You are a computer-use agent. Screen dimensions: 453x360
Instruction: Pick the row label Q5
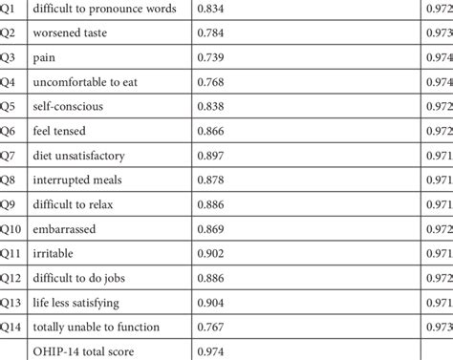point(9,106)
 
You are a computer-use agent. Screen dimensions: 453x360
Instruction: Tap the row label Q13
point(11,303)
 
